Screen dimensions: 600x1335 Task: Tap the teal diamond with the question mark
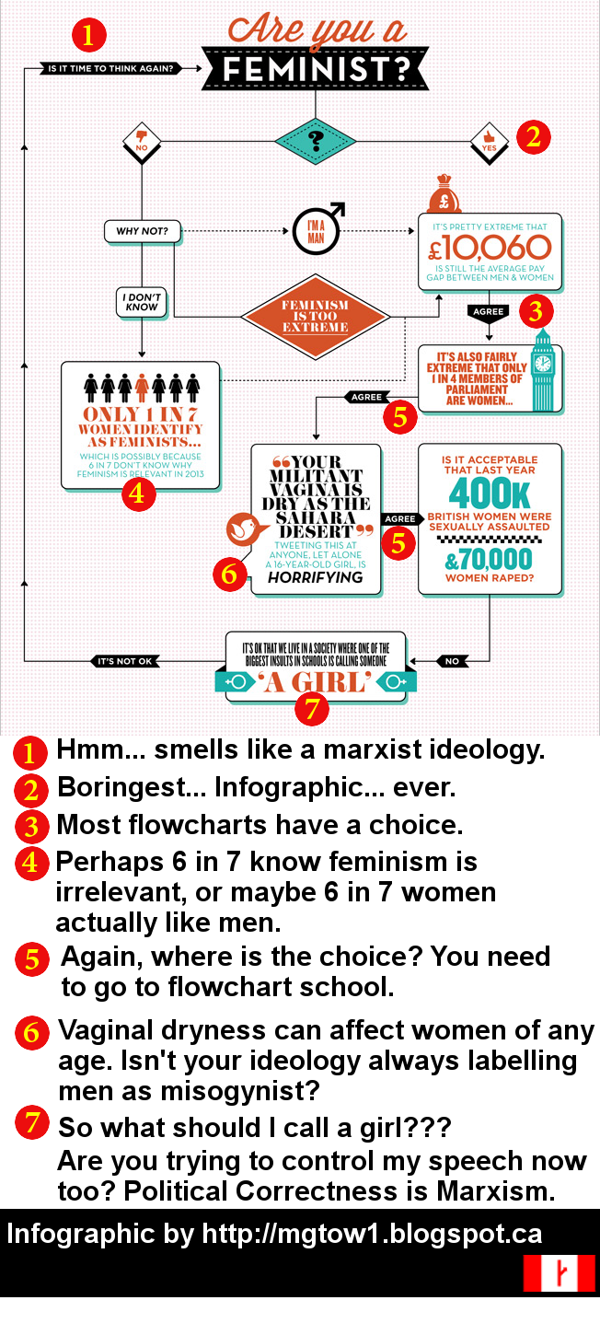coord(315,141)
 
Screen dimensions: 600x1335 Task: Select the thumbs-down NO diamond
coord(142,141)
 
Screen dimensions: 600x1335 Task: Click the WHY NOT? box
coord(142,230)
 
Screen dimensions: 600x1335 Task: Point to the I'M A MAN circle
coord(315,230)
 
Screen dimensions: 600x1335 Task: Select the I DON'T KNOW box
coord(142,303)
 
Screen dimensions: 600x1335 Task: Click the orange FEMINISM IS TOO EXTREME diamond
coord(315,316)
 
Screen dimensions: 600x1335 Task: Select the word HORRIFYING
coord(316,577)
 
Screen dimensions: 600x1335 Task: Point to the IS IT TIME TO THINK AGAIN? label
coord(110,67)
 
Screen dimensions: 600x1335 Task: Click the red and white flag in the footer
coord(559,1272)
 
